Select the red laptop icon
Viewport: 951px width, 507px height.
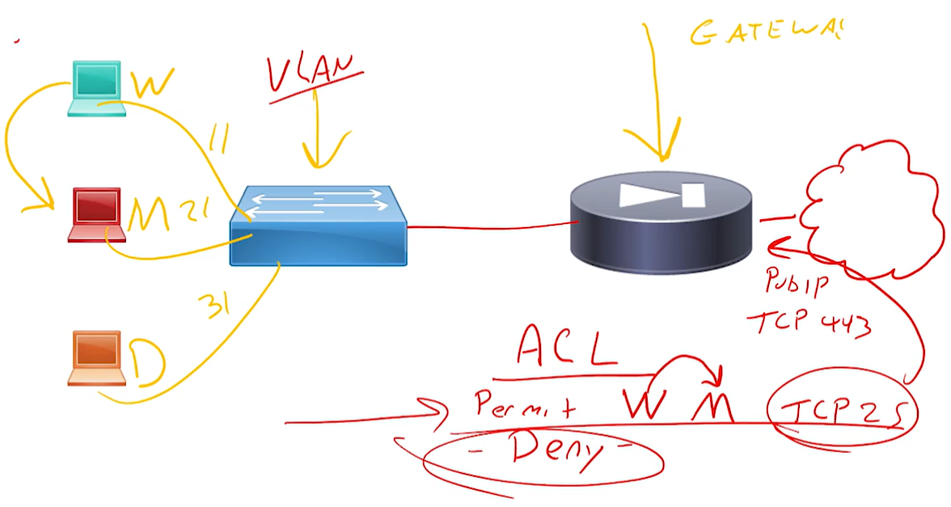pyautogui.click(x=96, y=214)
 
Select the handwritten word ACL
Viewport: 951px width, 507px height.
pyautogui.click(x=567, y=348)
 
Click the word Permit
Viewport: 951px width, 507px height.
pyautogui.click(x=526, y=403)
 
